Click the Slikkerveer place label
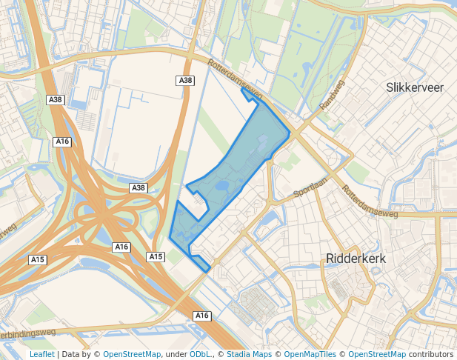(x=415, y=87)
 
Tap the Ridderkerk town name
(x=357, y=259)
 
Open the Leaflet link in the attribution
(x=41, y=354)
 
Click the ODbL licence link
(x=201, y=354)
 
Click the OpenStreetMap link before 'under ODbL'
(x=132, y=354)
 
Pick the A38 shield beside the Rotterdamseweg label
(x=186, y=80)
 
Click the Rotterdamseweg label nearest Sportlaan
(x=370, y=201)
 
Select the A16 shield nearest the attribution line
(x=202, y=316)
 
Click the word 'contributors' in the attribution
(x=431, y=354)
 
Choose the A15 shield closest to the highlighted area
(x=156, y=256)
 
